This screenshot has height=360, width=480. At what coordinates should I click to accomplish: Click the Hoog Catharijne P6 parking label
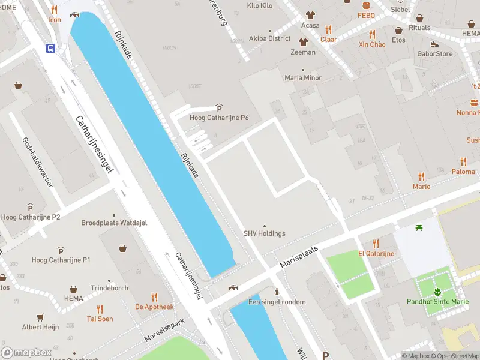click(219, 118)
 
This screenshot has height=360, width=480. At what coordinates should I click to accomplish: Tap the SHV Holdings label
click(264, 233)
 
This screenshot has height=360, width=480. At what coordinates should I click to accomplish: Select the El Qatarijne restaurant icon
click(376, 244)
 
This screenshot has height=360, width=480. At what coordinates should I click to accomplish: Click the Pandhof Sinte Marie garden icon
click(437, 292)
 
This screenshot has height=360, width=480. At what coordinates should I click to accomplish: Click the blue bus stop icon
click(51, 49)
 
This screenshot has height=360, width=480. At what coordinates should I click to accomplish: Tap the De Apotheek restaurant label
click(154, 307)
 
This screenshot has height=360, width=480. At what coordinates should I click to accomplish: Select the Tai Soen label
click(100, 319)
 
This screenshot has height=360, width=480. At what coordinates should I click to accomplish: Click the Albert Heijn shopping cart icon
click(41, 317)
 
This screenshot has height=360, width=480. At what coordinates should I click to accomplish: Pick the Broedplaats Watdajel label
click(114, 223)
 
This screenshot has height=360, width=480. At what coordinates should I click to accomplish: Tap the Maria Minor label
click(303, 77)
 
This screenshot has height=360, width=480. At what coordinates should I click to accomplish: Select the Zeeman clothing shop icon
click(303, 42)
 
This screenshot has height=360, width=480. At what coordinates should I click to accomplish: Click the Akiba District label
click(270, 38)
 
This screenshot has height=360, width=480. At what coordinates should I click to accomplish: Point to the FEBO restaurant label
click(366, 15)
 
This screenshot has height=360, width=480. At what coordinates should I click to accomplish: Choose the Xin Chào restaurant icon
click(372, 34)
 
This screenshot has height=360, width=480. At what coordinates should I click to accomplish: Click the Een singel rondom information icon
click(277, 292)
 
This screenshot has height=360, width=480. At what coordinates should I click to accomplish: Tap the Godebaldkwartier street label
click(37, 162)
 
